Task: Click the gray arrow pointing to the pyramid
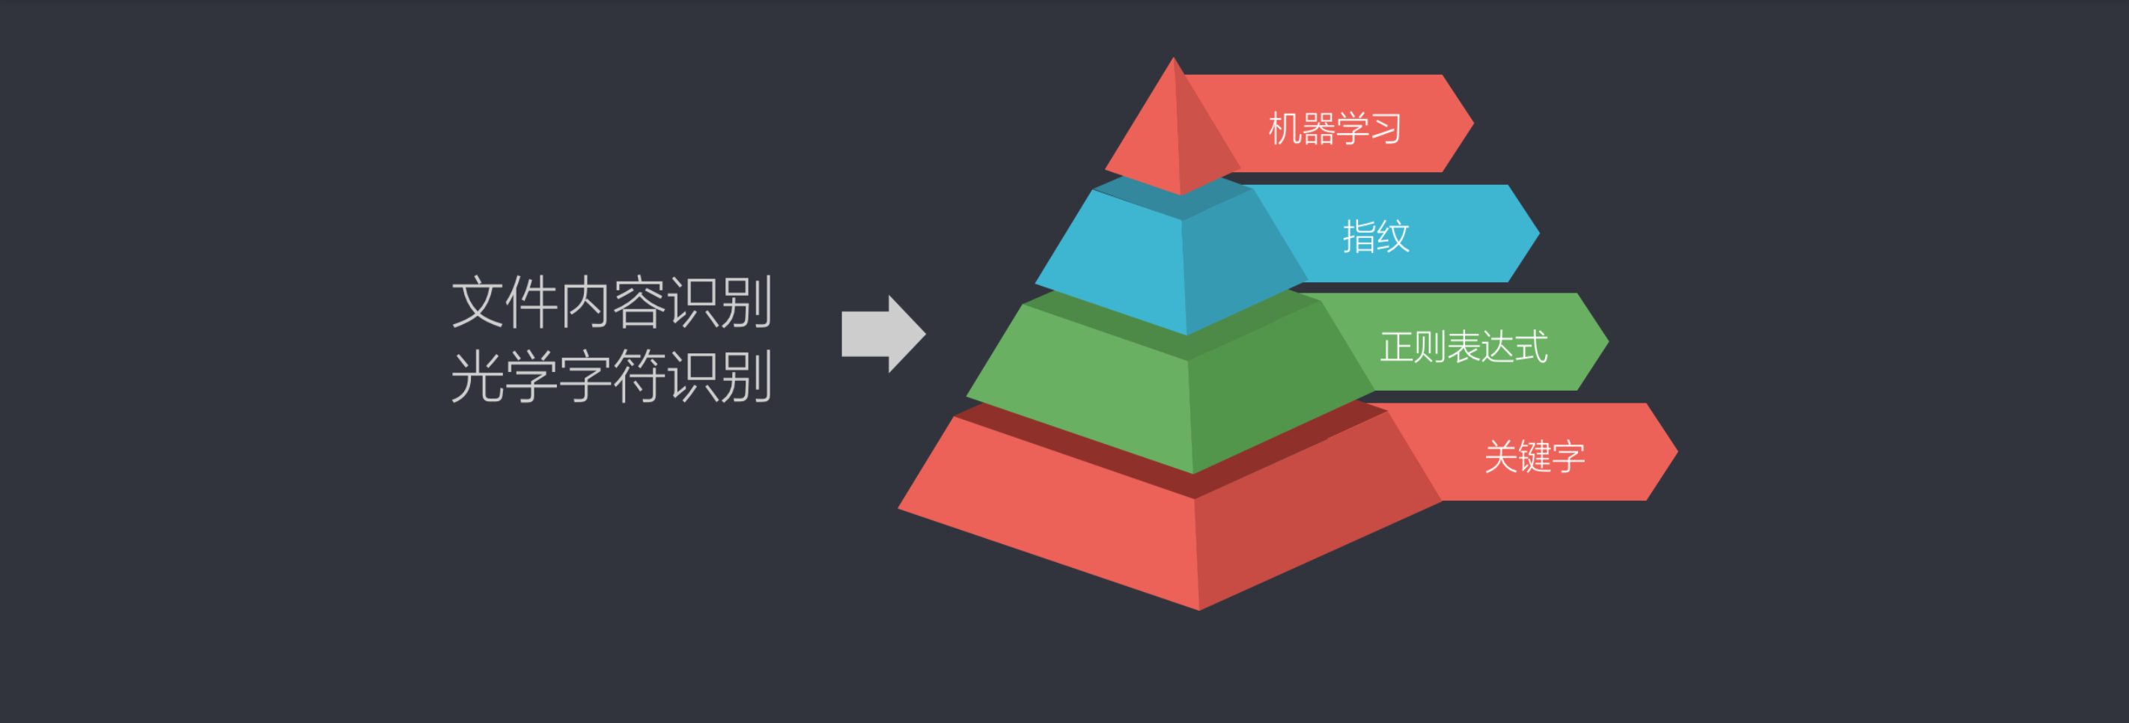click(883, 334)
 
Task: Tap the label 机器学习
click(1335, 129)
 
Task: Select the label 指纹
click(1376, 237)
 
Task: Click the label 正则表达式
click(1464, 347)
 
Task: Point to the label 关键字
click(1535, 456)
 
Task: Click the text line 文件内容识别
click(612, 302)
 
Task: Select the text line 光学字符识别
click(612, 376)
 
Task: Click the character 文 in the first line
click(478, 302)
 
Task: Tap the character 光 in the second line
click(478, 376)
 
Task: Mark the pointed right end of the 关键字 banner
click(1677, 452)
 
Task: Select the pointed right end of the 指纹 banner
click(1539, 233)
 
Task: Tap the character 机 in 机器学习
click(1285, 129)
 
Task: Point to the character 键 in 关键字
click(1535, 456)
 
